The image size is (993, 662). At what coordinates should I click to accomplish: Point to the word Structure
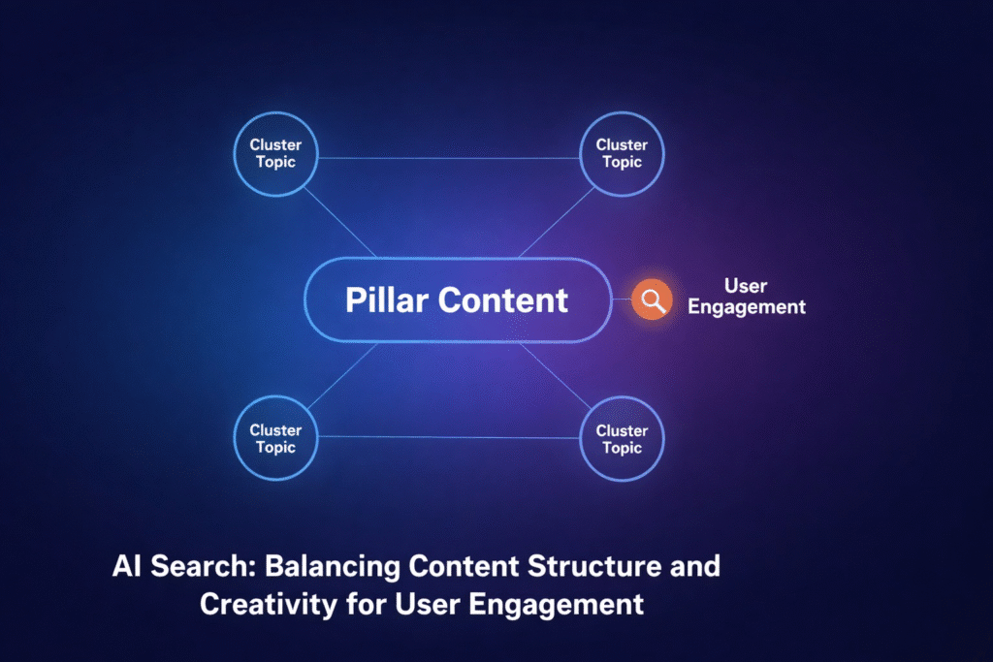[x=597, y=567]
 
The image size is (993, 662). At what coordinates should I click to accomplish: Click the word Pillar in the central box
[x=387, y=299]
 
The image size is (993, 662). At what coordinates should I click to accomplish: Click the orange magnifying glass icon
[x=651, y=300]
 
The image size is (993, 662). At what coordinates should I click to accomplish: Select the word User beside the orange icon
[x=746, y=286]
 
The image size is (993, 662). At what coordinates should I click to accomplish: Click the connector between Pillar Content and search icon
[x=620, y=299]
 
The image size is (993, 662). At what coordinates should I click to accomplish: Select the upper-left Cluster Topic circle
[x=275, y=154]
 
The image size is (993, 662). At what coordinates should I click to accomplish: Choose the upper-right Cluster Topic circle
[x=622, y=154]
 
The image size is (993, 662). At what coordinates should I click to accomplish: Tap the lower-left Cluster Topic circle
[x=275, y=439]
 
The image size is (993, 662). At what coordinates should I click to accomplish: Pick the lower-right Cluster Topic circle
[x=622, y=439]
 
